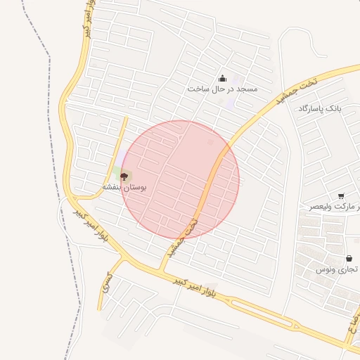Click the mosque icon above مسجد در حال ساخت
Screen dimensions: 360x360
coord(223,78)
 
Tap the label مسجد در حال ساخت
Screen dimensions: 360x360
coord(223,89)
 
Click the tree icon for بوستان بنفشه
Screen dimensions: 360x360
coord(124,176)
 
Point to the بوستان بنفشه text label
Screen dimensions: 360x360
coord(124,187)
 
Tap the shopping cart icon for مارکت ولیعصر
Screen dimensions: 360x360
coord(341,196)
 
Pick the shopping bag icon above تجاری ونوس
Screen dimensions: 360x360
coord(349,258)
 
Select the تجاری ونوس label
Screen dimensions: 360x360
coord(337,269)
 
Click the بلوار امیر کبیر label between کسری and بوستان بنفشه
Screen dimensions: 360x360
coord(92,226)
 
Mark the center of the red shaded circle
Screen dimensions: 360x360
coord(180,180)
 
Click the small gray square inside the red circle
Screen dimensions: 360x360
coord(210,143)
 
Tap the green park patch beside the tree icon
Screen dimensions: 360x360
coord(117,172)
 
